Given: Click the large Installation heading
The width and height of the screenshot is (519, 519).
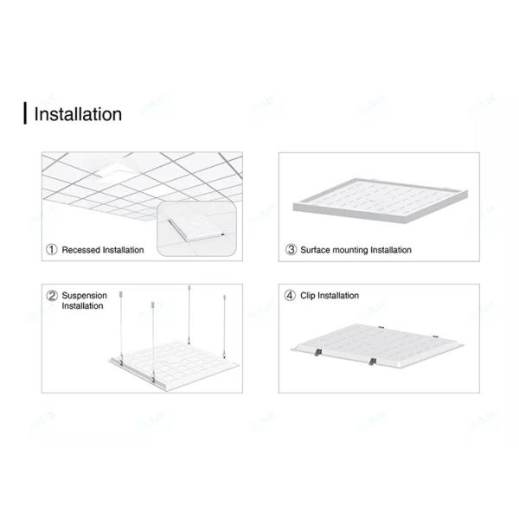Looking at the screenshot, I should pos(78,113).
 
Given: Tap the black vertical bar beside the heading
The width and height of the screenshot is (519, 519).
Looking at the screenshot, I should pos(25,113).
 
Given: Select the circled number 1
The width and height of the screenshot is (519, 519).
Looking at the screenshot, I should pos(52,250).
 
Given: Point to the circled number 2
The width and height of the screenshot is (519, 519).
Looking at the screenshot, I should pos(52,296).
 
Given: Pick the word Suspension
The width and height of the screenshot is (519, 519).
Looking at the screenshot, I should pos(85,296).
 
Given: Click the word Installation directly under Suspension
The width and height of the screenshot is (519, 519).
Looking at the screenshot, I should pos(82,306).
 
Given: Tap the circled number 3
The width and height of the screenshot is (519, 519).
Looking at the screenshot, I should pos(292,250).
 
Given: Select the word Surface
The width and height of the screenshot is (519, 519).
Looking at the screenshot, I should pos(316,250).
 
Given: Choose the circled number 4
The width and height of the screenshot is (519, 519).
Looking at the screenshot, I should pos(292,296).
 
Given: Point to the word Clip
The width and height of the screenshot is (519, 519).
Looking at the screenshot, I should pos(309,296).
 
